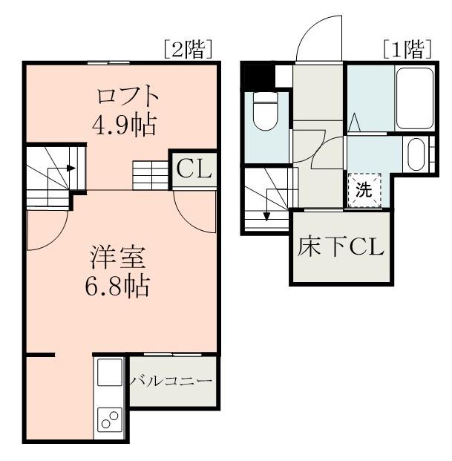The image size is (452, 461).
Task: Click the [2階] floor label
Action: tap(189, 50)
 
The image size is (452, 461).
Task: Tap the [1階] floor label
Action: tap(407, 50)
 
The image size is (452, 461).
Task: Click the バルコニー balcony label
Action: tap(172, 381)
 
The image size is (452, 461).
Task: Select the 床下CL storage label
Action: tap(341, 246)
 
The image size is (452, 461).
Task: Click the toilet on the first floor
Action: tap(265, 111)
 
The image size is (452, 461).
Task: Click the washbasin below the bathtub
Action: tap(416, 154)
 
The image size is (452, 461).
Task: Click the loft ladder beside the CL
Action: tap(151, 175)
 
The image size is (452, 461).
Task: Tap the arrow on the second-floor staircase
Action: tap(71, 167)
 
